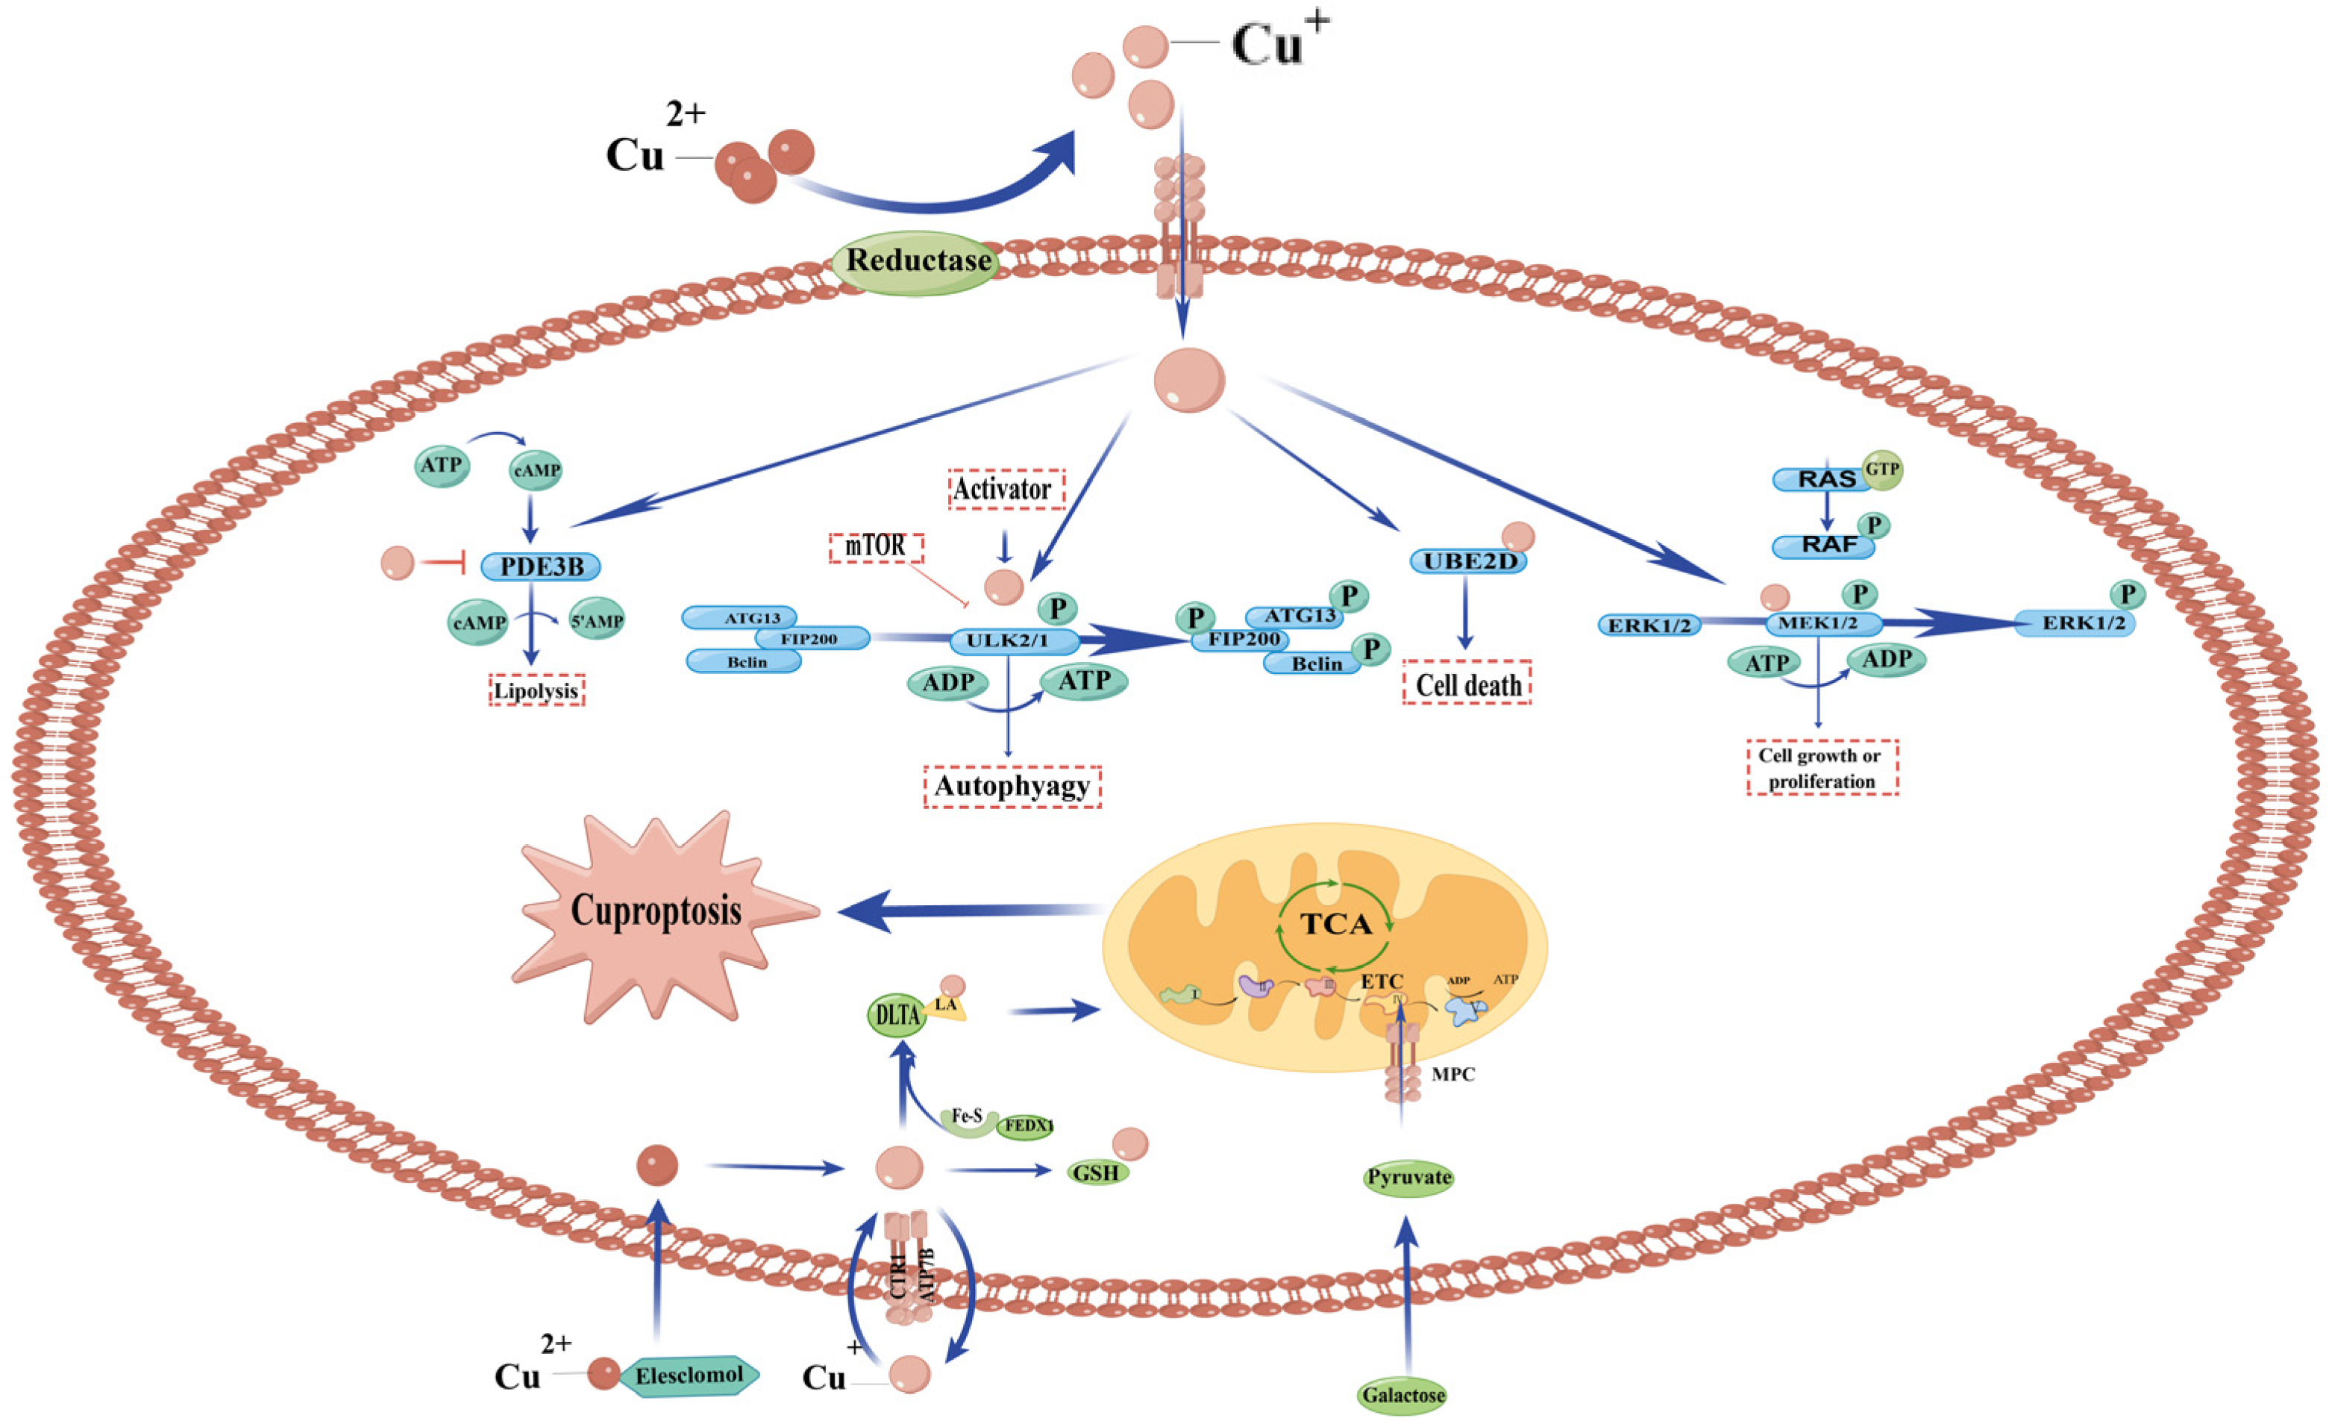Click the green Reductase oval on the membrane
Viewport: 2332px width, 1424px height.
[x=916, y=262]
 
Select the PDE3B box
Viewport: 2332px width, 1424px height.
[x=540, y=567]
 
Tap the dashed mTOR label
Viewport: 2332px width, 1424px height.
[x=876, y=546]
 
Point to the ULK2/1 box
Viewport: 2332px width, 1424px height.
[x=1012, y=641]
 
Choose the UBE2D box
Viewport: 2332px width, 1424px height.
[x=1469, y=561]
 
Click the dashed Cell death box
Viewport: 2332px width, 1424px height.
[x=1466, y=684]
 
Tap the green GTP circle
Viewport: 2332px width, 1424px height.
[x=1881, y=469]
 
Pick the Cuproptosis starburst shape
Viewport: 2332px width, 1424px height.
[x=656, y=912]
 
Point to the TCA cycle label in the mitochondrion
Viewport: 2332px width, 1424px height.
[x=1335, y=924]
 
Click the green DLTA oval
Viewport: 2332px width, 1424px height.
[x=896, y=1016]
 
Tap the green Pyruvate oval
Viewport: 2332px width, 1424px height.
[x=1408, y=1178]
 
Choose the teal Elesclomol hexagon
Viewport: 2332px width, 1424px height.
[x=689, y=1375]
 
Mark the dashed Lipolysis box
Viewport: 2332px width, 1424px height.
[x=536, y=690]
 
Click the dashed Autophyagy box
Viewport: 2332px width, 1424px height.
[x=1012, y=786]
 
